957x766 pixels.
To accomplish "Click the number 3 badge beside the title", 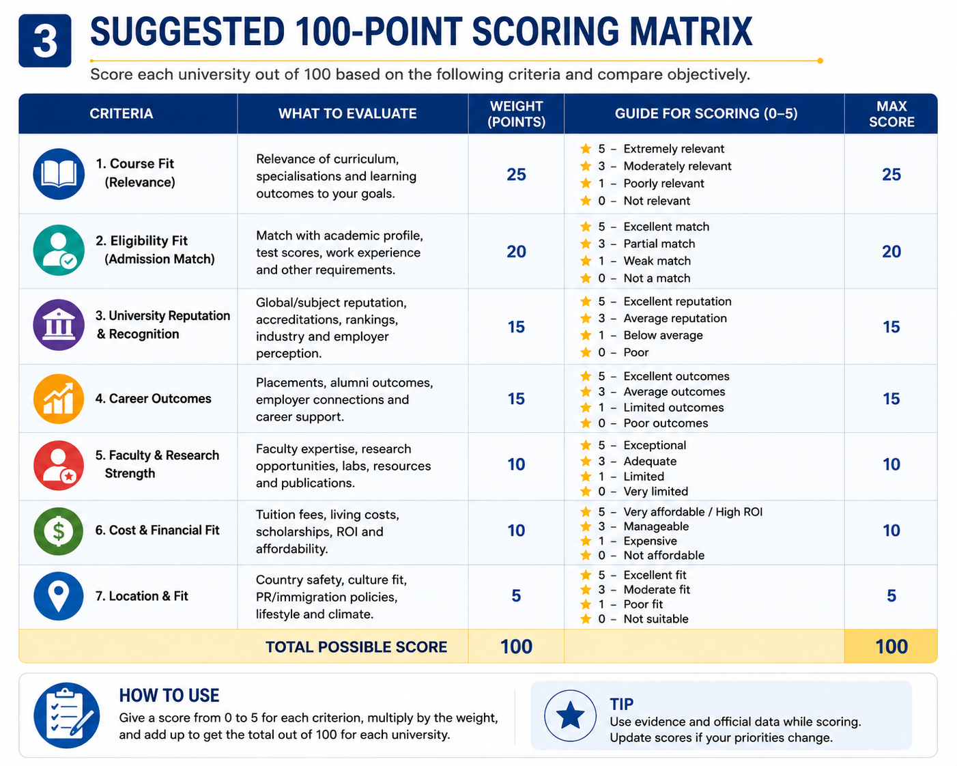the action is [x=45, y=41].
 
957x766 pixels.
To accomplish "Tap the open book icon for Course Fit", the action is [x=59, y=174].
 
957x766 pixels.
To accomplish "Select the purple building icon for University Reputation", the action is [x=59, y=325].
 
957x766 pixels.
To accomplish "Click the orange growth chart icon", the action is [x=59, y=399].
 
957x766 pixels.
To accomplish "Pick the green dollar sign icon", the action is [x=59, y=531].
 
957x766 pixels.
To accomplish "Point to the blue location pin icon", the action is [x=59, y=596].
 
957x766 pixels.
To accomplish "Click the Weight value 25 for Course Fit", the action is [x=516, y=174].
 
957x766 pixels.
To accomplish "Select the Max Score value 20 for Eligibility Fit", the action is [x=891, y=252].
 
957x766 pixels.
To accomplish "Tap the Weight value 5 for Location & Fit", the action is [x=516, y=595].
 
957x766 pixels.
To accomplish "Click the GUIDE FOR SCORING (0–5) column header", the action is [x=706, y=113].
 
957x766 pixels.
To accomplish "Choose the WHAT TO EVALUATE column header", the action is [x=347, y=113].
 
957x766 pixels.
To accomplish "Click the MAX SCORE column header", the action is [x=891, y=114].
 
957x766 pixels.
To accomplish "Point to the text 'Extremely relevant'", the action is [x=674, y=149].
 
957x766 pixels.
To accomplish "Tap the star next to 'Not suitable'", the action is [x=586, y=619].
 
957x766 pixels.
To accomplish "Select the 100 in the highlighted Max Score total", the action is [x=891, y=647].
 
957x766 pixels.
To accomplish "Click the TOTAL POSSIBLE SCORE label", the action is [x=356, y=647].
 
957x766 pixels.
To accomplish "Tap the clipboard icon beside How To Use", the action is [x=67, y=715].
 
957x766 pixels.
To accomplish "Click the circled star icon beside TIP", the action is [x=570, y=715].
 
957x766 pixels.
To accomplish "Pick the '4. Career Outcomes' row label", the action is [x=153, y=399].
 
